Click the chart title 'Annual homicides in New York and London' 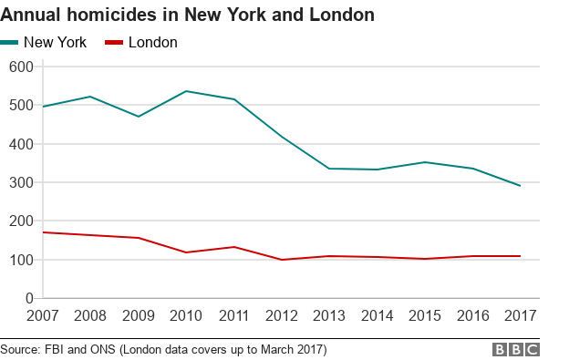tap(187, 15)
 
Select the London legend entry tap(142, 42)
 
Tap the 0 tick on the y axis tap(28, 298)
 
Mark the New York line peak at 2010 tap(187, 91)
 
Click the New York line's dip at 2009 tap(139, 117)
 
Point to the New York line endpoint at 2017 tap(520, 186)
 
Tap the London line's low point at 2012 tap(282, 260)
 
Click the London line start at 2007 tap(43, 232)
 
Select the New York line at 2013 tap(329, 169)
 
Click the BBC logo tap(516, 349)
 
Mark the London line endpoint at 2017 tap(520, 256)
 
